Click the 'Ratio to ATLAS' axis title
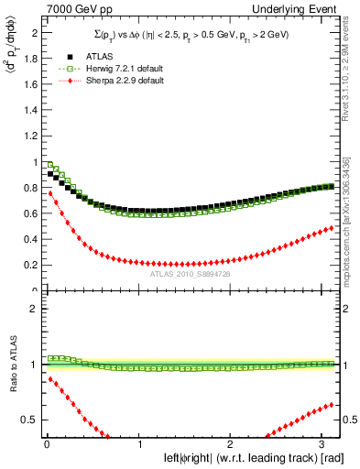click(11, 366)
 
